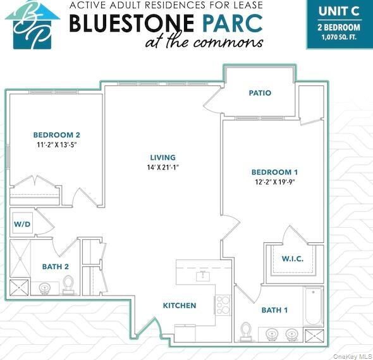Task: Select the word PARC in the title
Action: coord(232,23)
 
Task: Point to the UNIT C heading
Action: coord(339,11)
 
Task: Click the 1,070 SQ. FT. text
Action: coord(339,37)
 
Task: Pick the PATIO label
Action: coord(260,93)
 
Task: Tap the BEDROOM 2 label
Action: coord(57,135)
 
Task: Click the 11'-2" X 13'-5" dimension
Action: coord(57,144)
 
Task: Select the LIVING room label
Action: coord(162,158)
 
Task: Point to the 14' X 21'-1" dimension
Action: coord(162,168)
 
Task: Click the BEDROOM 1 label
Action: coord(274,172)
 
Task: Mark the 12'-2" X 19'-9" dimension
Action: coord(274,182)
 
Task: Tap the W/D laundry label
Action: coord(22,225)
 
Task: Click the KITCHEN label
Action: coord(180,306)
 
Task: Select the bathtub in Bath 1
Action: coord(314,306)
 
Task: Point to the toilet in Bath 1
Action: coord(247,330)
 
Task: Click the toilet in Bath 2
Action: coord(69,284)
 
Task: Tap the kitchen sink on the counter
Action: coord(204,275)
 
